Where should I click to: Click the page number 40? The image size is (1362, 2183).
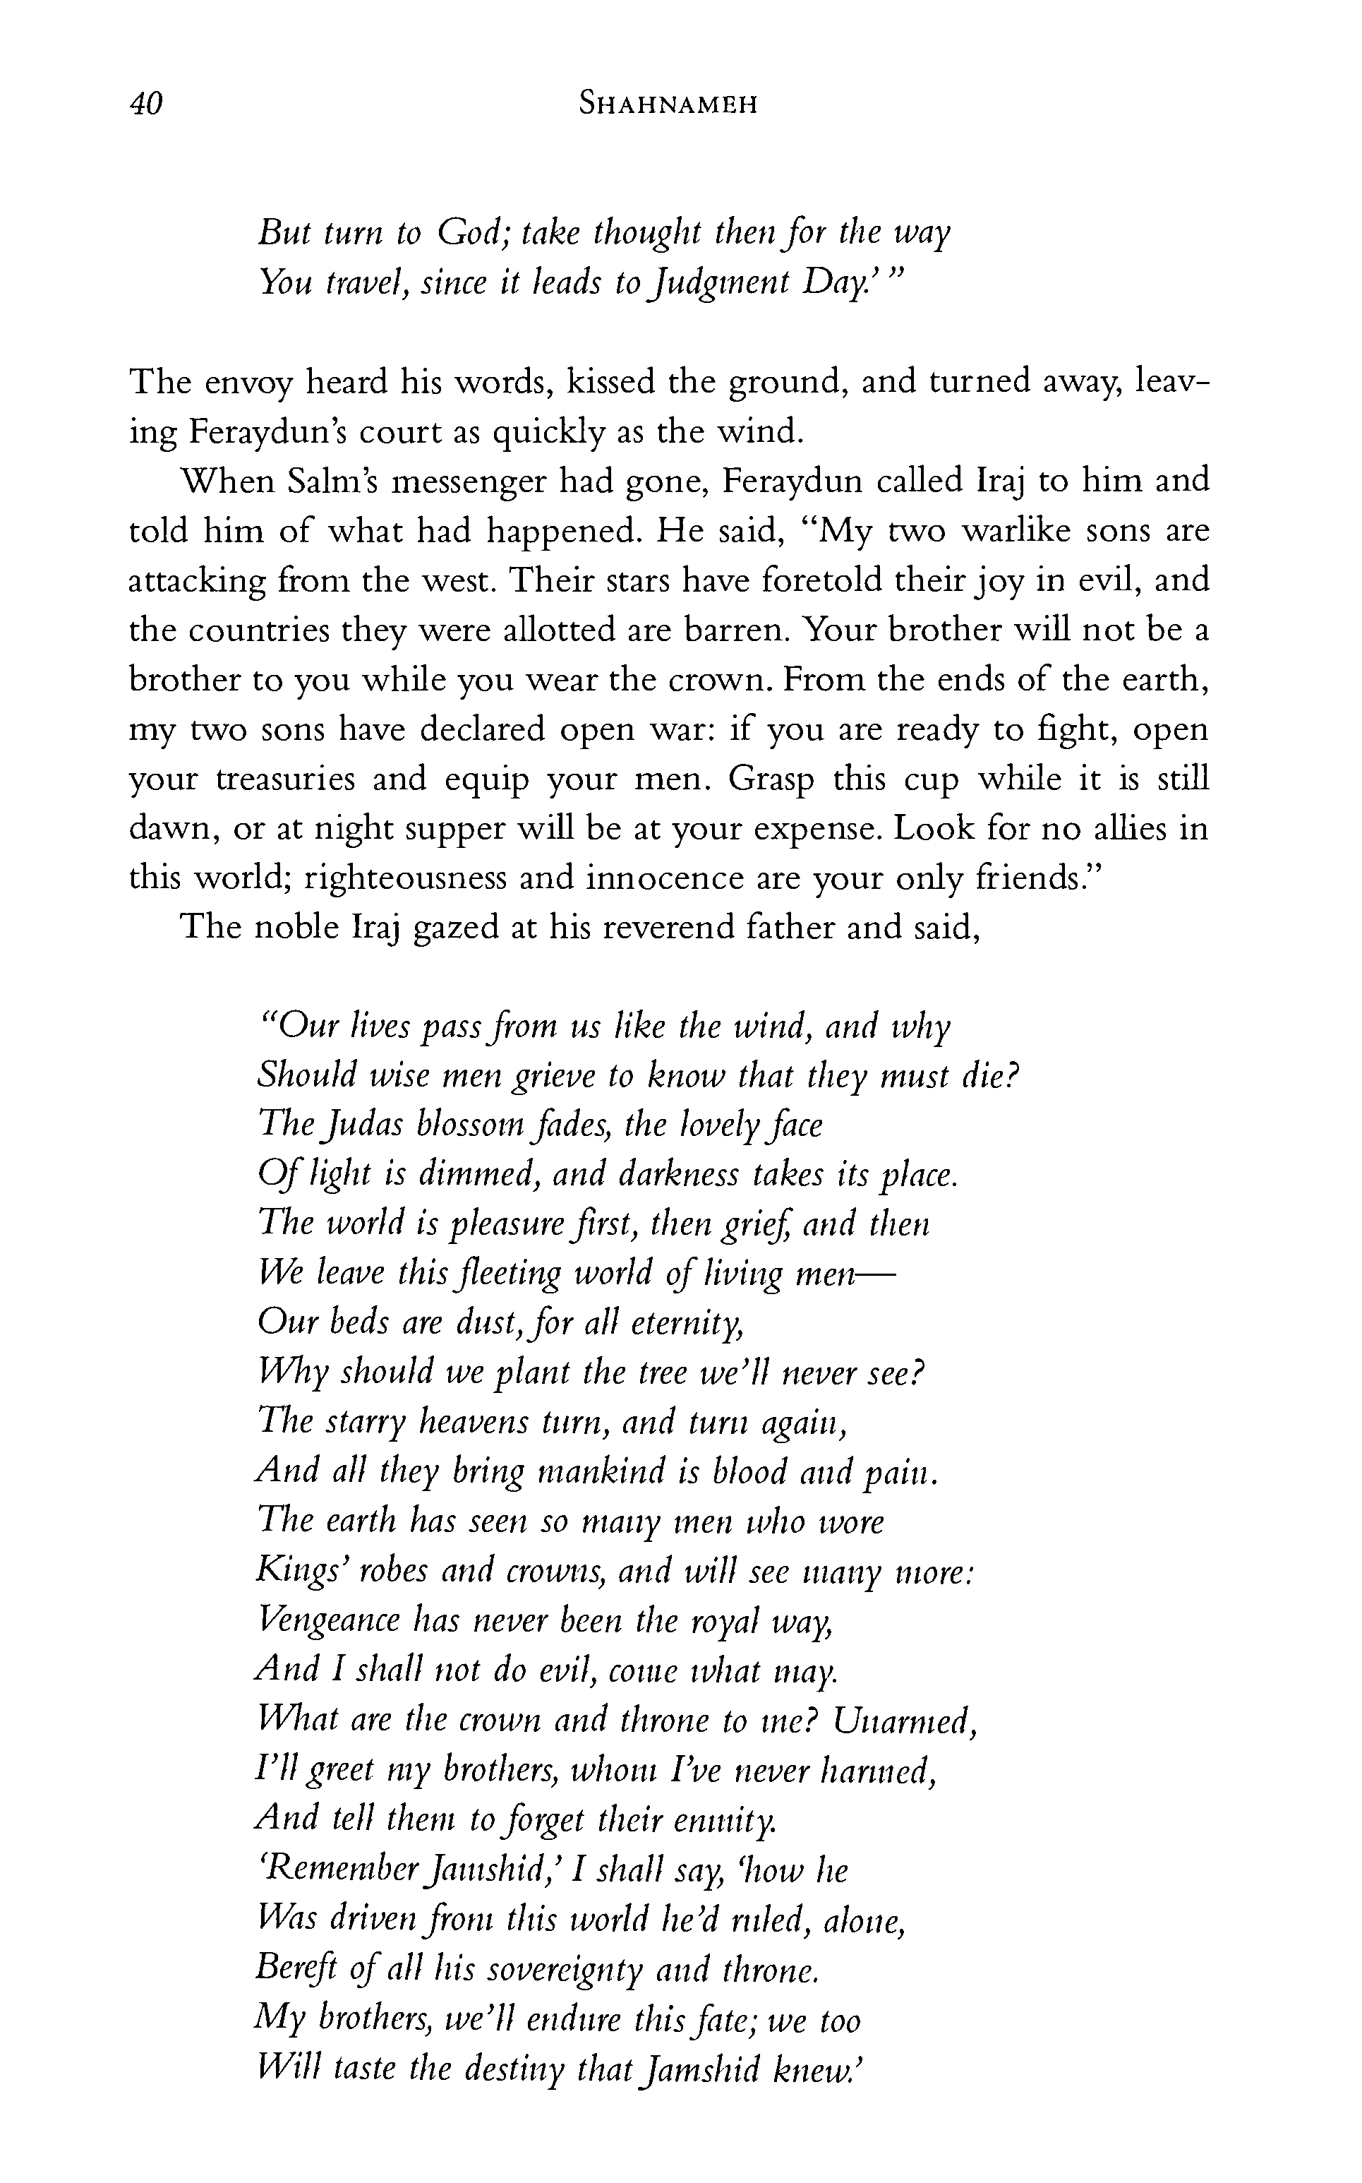pos(145,104)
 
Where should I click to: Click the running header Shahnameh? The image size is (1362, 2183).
pos(668,104)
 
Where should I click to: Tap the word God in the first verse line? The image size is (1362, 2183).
pos(474,234)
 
